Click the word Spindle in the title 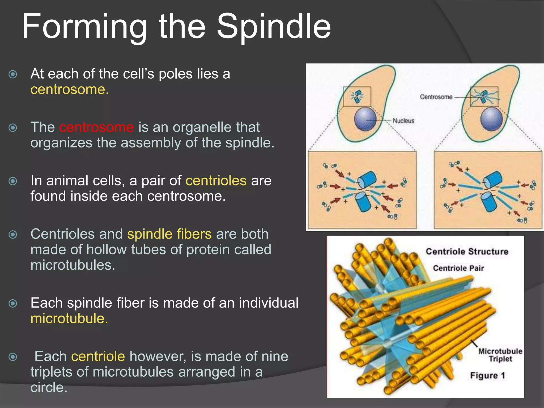point(274,27)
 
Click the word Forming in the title point(84,27)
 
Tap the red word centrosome point(96,127)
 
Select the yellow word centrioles point(216,181)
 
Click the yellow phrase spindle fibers point(169,234)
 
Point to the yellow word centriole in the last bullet point(98,356)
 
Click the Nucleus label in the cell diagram point(403,121)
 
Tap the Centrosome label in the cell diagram point(436,97)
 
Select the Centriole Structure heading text point(467,251)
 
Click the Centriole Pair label point(458,268)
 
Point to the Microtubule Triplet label point(500,355)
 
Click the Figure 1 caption point(487,376)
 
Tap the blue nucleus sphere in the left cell point(365,119)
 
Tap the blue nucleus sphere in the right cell point(491,119)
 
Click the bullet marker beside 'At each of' point(13,74)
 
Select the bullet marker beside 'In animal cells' point(13,181)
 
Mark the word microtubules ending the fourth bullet point(73,265)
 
